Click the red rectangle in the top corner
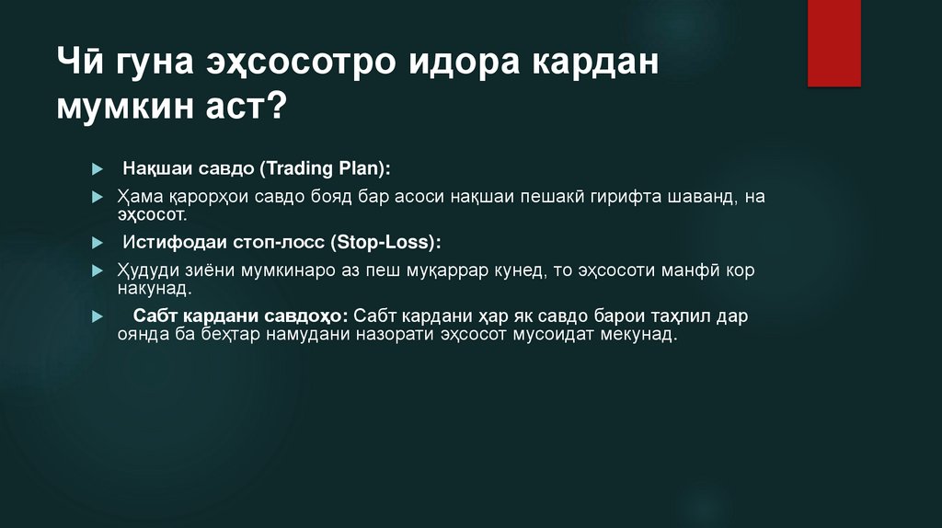tap(833, 42)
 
